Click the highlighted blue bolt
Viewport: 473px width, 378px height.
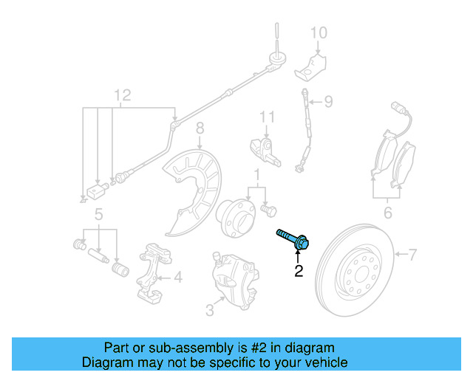pyautogui.click(x=293, y=238)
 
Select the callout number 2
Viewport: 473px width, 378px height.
pyautogui.click(x=299, y=272)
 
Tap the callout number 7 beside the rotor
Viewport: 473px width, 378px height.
pyautogui.click(x=413, y=255)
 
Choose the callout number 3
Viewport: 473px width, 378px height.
pyautogui.click(x=210, y=311)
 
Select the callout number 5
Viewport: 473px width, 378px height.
pyautogui.click(x=97, y=216)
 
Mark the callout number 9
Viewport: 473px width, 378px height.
pyautogui.click(x=328, y=100)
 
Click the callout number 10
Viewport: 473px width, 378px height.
pyautogui.click(x=318, y=32)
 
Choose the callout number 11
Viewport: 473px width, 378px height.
pyautogui.click(x=266, y=117)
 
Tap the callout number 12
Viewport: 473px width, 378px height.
pyautogui.click(x=122, y=94)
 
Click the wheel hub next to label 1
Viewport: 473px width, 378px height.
pyautogui.click(x=235, y=213)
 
